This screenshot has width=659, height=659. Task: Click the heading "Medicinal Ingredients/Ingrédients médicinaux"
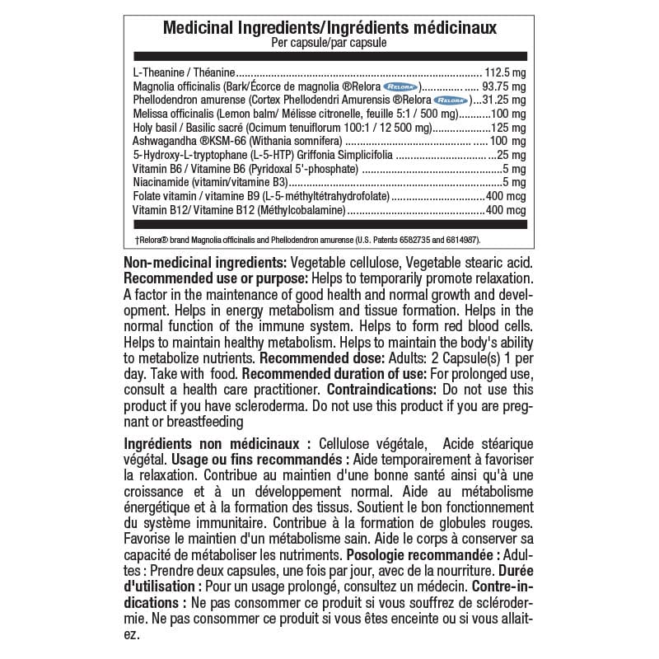coord(329,28)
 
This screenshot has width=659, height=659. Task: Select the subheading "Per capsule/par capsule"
coord(329,41)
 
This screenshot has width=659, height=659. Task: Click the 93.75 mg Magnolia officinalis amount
coord(503,86)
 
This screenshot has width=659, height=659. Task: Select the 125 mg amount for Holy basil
coord(507,127)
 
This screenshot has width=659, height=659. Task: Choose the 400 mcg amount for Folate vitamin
coord(505,196)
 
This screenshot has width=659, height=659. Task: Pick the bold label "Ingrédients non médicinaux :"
coord(217,443)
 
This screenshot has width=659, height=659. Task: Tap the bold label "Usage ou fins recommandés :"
coord(259,460)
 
